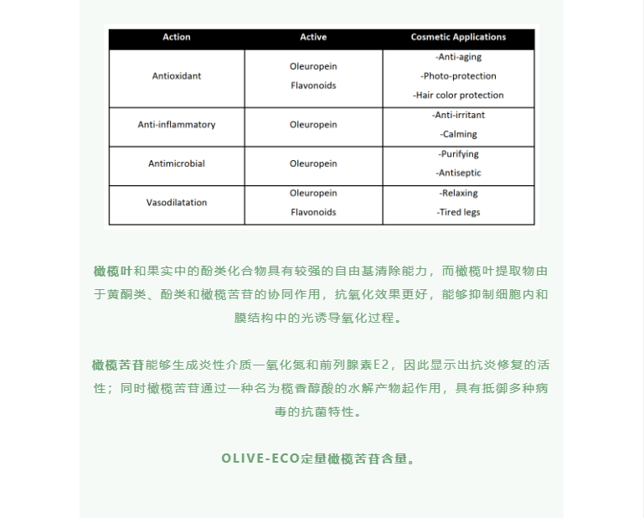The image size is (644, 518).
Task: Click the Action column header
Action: tap(177, 37)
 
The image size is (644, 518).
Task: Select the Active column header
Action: tap(313, 37)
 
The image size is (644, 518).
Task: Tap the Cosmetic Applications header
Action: tap(458, 37)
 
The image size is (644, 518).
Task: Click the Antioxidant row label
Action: tap(177, 76)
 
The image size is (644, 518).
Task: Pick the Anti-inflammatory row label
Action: tap(177, 125)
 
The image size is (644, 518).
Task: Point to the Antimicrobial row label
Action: tap(177, 163)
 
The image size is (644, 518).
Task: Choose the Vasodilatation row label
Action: tap(177, 203)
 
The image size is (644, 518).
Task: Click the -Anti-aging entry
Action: tap(458, 57)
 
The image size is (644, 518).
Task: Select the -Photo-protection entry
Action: tap(458, 76)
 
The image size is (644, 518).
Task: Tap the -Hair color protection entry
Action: tap(458, 96)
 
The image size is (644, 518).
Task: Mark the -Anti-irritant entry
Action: tap(458, 115)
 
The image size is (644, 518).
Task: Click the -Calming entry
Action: tap(458, 134)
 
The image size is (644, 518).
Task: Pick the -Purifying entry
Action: tap(458, 154)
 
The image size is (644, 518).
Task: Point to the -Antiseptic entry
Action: tap(458, 174)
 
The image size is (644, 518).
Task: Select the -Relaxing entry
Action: tap(458, 193)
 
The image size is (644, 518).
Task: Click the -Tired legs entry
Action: tap(458, 212)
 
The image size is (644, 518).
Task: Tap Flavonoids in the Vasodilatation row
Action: tap(313, 212)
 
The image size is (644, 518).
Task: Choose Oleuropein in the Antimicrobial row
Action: tap(313, 163)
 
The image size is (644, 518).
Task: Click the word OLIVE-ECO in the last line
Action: tap(260, 459)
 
